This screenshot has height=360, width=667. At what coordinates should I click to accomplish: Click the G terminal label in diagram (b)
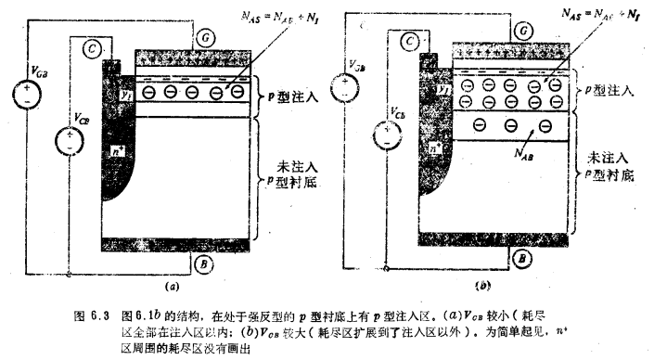(524, 32)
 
